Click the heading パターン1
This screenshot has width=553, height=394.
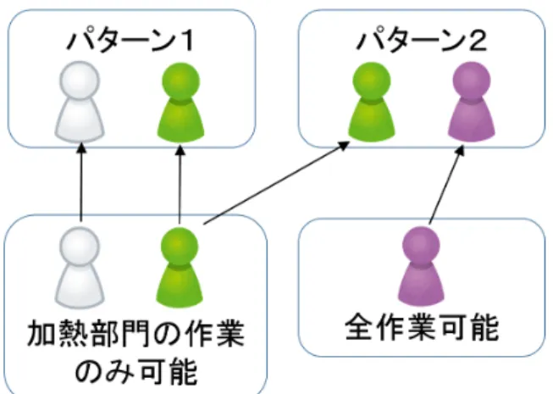(x=130, y=41)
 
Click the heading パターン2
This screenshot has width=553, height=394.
(x=422, y=41)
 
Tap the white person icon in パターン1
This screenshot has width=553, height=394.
(x=80, y=102)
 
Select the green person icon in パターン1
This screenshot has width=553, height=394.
(x=180, y=103)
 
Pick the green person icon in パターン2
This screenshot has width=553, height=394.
(x=372, y=103)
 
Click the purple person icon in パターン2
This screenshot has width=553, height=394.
(x=472, y=102)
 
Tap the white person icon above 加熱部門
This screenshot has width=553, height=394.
(x=80, y=268)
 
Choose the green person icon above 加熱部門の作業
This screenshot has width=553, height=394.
(x=180, y=268)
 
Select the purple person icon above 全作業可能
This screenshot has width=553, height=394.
(x=421, y=266)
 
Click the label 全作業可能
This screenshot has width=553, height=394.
(x=422, y=328)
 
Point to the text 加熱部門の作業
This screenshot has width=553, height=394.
(x=135, y=333)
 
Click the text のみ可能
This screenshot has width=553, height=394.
(x=136, y=372)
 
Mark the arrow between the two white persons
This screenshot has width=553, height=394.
(x=81, y=182)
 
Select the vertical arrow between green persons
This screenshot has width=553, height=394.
(x=180, y=184)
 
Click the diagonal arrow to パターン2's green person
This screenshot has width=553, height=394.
(x=277, y=183)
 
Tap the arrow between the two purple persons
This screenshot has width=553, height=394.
(x=446, y=186)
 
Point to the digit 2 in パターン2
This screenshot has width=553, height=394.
(x=478, y=41)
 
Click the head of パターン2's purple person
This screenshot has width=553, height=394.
(x=472, y=80)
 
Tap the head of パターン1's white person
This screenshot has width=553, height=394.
(x=80, y=80)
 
